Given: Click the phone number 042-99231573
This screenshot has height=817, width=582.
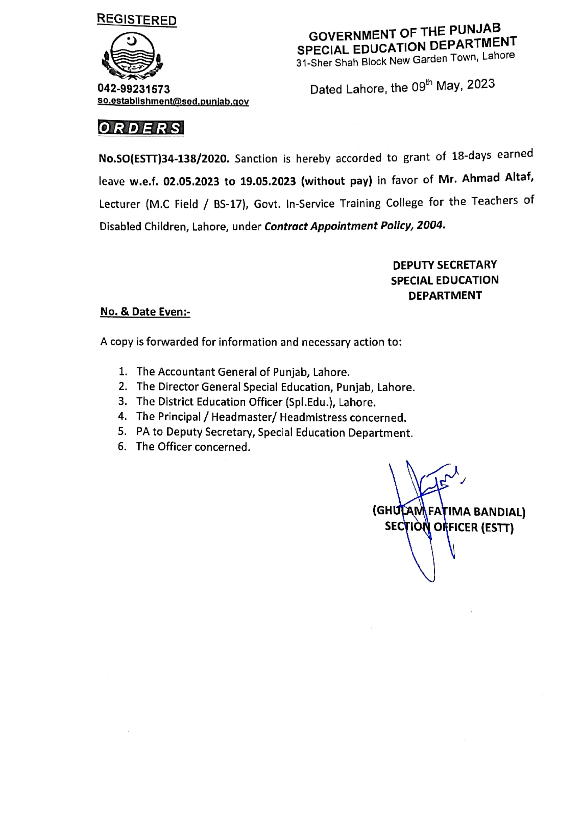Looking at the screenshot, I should (134, 89).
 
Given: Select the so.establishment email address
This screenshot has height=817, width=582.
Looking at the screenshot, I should (173, 101).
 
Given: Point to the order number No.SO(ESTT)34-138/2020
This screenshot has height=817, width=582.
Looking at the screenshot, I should (164, 158).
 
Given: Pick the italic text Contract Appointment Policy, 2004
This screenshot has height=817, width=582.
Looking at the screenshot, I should (355, 226).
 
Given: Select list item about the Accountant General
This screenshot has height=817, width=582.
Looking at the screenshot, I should (242, 372).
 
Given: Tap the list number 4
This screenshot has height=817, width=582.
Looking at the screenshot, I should (122, 417).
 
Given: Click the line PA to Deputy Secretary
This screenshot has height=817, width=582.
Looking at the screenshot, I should (274, 432).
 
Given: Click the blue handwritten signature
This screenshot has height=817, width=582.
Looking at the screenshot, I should (423, 502).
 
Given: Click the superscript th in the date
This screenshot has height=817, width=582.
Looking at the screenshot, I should (429, 83).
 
